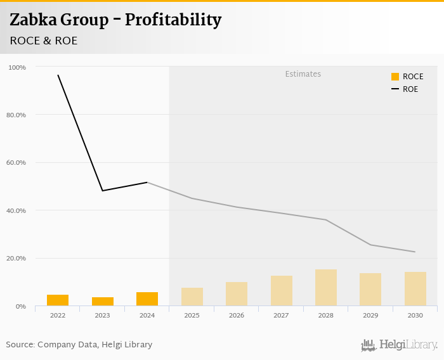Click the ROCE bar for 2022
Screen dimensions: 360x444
(x=58, y=300)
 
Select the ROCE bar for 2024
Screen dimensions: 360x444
(x=147, y=299)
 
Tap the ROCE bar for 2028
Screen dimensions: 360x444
(x=325, y=288)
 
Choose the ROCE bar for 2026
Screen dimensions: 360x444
(x=237, y=294)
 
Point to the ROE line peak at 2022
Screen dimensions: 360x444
(x=58, y=75)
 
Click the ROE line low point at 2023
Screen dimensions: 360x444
(x=102, y=191)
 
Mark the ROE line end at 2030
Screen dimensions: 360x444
(x=415, y=252)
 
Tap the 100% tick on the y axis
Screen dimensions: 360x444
(x=17, y=67)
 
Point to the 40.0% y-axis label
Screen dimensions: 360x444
(x=16, y=210)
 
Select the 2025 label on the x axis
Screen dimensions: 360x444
(x=192, y=315)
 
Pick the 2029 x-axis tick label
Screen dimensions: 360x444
(x=370, y=315)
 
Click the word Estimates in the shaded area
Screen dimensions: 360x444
(x=303, y=74)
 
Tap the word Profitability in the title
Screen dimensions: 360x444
(x=173, y=20)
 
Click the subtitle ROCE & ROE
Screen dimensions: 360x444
(x=44, y=41)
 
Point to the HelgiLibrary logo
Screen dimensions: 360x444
(x=400, y=345)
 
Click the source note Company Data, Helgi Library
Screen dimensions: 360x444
(x=95, y=345)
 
